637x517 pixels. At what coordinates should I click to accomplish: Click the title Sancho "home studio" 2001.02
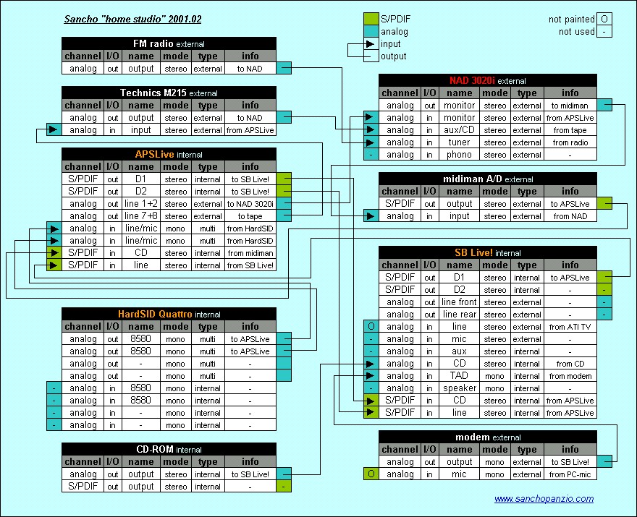(132, 19)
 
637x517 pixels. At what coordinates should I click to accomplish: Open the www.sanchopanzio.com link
(544, 499)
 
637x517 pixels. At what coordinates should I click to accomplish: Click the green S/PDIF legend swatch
(371, 19)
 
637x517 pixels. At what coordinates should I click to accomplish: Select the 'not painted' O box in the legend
(604, 19)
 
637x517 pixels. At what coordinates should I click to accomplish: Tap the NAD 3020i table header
(487, 80)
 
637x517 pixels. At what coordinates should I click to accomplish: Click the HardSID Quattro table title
(169, 314)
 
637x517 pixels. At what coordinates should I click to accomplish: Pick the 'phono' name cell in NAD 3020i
(459, 155)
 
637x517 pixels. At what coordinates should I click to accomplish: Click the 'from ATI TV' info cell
(570, 327)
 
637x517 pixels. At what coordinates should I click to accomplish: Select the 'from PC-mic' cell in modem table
(570, 474)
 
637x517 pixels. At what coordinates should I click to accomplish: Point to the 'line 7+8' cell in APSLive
(140, 216)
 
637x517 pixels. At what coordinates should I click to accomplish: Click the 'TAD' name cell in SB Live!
(459, 376)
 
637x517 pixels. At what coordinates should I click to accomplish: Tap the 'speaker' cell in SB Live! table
(459, 388)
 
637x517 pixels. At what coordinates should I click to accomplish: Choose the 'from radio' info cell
(570, 142)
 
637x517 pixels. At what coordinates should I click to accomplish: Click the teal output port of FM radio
(284, 68)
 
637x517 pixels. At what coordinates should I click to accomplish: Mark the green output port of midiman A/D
(604, 203)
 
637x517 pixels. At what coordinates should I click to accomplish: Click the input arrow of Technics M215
(54, 130)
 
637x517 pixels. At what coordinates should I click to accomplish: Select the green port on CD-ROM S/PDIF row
(284, 486)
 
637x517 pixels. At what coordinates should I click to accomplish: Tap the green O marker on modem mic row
(371, 474)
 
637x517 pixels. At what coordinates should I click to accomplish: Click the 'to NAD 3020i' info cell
(250, 204)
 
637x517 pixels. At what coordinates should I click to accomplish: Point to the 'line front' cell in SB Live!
(459, 302)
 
